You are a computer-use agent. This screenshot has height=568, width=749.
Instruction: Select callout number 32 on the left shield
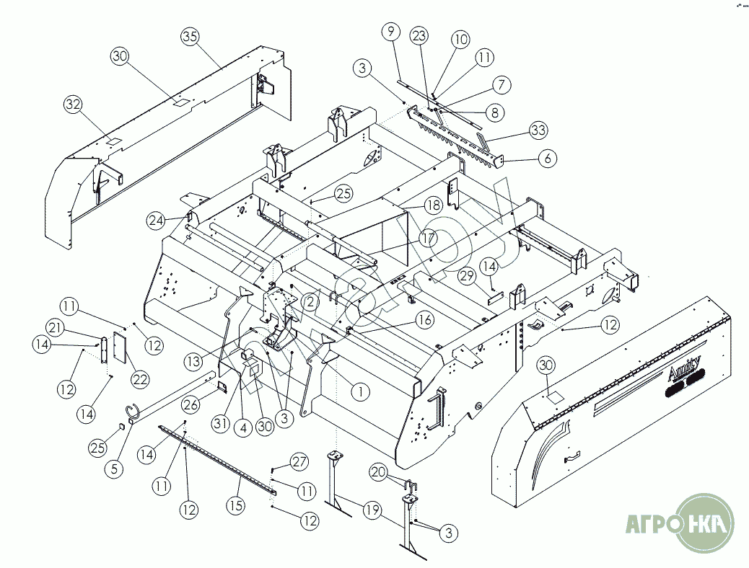coord(74,105)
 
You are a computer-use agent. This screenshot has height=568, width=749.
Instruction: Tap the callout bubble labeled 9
coord(390,32)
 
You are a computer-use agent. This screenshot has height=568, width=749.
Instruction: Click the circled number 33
coord(538,130)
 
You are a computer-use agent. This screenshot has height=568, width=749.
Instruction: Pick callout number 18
coord(432,205)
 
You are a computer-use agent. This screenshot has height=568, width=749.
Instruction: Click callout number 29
coord(466,276)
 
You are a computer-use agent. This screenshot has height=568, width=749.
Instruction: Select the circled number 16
coord(424,319)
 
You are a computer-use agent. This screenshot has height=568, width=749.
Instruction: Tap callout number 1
coord(359,391)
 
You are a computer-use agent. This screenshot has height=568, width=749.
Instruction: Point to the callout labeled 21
coord(54,329)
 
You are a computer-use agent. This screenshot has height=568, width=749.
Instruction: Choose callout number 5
coord(113,468)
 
